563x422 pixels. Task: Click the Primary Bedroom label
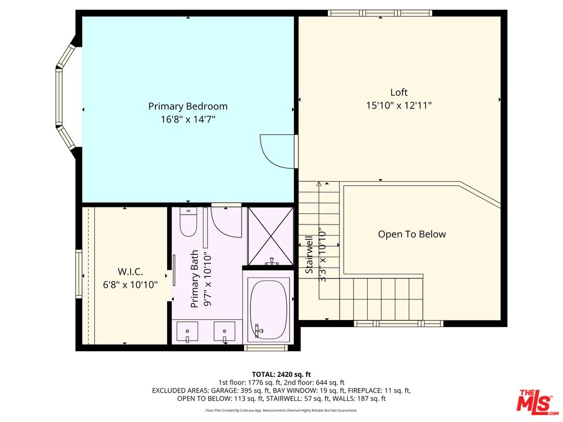click(x=188, y=107)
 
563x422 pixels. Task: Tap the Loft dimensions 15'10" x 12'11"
click(x=399, y=106)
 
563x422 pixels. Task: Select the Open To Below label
click(x=412, y=234)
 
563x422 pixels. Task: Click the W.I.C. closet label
click(x=130, y=272)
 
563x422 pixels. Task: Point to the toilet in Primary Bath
click(x=188, y=223)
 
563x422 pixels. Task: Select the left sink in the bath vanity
click(x=188, y=332)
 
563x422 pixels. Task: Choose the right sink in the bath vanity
click(x=225, y=332)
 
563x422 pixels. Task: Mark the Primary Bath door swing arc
click(x=226, y=222)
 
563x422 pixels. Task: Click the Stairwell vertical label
click(x=309, y=255)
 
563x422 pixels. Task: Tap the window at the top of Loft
click(x=380, y=13)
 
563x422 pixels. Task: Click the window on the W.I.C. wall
click(x=79, y=274)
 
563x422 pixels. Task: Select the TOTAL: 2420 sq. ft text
click(x=281, y=374)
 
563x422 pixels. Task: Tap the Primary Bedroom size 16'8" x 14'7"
click(x=188, y=120)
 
